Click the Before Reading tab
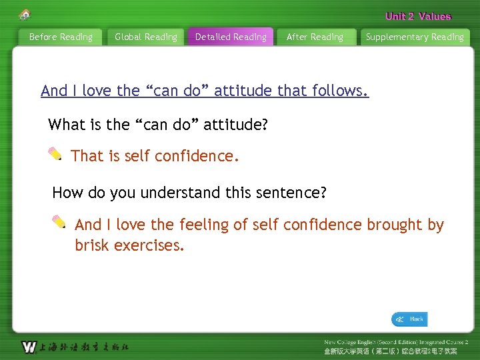[61, 37]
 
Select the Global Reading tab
[146, 37]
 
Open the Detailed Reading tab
[231, 37]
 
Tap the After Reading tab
[315, 37]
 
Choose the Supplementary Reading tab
[415, 37]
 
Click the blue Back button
[409, 319]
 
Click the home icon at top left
[25, 14]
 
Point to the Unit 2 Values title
[418, 17]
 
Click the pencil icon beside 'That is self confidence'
[55, 155]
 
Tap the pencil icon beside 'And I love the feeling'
[59, 222]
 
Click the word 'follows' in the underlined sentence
[343, 91]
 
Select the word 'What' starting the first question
[67, 124]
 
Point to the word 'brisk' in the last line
[92, 245]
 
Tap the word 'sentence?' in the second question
[293, 193]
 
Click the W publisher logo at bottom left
[29, 347]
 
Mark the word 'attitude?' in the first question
[235, 124]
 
